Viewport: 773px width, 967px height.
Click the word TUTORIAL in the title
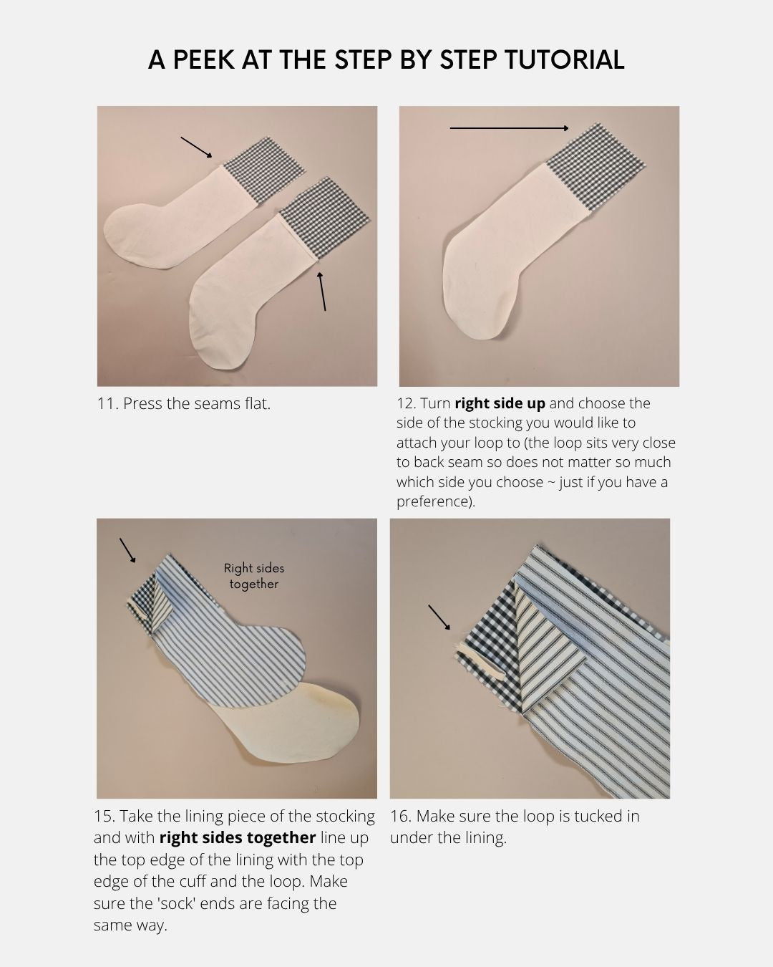point(565,59)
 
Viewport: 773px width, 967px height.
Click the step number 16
point(401,816)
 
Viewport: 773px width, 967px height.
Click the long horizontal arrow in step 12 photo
point(510,128)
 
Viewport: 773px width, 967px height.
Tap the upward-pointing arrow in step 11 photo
point(321,292)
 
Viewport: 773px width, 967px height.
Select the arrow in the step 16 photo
point(439,617)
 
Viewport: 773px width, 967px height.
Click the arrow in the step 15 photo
point(127,550)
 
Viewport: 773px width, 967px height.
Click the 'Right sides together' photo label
point(254,576)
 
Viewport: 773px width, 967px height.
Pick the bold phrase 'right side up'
point(500,403)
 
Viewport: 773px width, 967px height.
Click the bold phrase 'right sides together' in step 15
point(238,838)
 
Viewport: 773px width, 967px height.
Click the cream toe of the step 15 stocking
point(296,723)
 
